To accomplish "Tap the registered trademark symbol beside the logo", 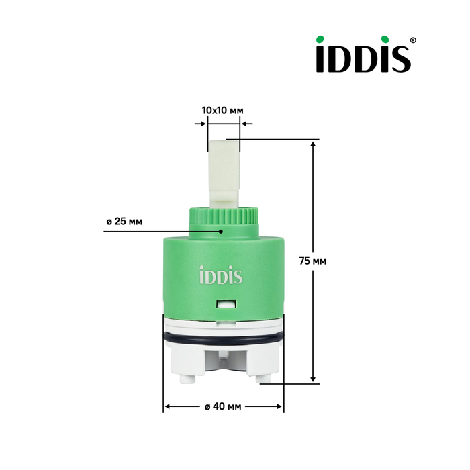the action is [413, 40].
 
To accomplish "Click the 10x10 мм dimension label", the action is [223, 111].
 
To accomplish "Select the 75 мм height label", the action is [313, 261].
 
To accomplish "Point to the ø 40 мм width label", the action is [223, 406].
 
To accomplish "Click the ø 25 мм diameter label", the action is [124, 222].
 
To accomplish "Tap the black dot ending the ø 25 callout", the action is [221, 232].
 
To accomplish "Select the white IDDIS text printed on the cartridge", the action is [221, 275].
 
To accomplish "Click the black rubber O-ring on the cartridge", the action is [224, 339].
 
